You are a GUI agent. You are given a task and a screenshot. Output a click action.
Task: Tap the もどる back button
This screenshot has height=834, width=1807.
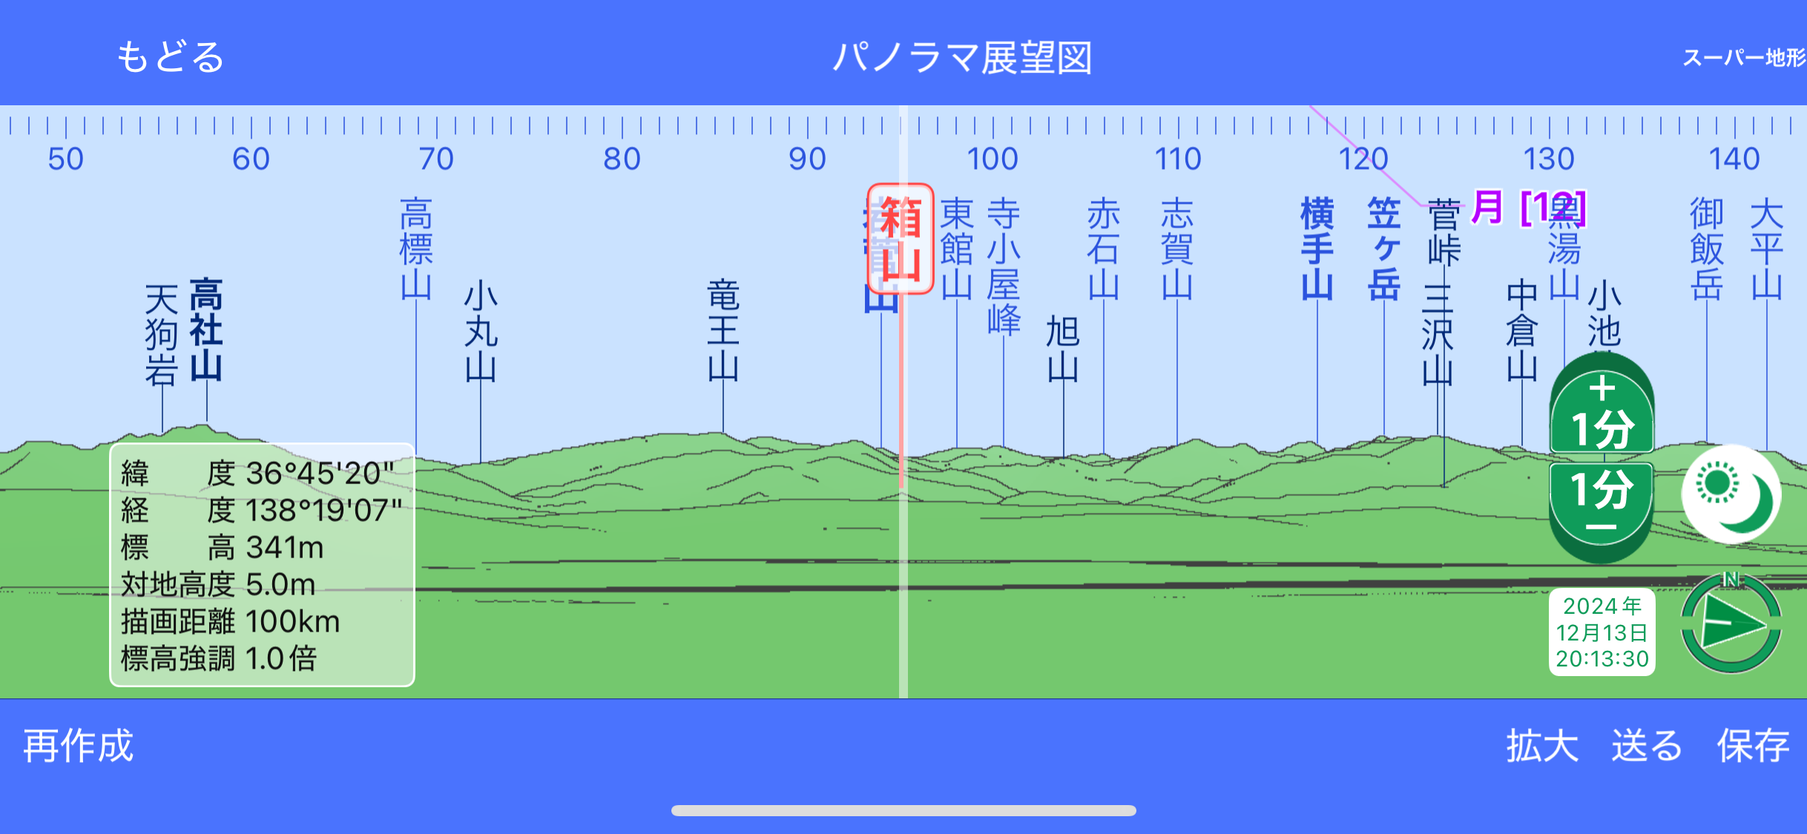(x=171, y=58)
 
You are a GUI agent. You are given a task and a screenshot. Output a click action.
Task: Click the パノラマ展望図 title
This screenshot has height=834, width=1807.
(x=963, y=58)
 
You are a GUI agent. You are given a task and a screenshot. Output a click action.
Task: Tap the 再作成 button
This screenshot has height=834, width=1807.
(x=79, y=746)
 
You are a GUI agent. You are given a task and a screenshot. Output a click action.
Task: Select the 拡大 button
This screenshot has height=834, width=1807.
(x=1542, y=746)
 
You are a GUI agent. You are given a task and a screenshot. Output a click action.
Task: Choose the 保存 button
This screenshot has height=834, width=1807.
(x=1753, y=746)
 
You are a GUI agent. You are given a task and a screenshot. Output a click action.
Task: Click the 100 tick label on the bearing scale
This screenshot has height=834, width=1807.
(x=993, y=159)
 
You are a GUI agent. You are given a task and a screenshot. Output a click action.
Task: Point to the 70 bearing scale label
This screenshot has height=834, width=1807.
(x=436, y=159)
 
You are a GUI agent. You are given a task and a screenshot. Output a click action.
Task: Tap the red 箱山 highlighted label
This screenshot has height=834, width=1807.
(x=901, y=239)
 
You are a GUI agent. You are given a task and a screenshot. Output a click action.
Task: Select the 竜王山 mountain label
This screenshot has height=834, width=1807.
(x=723, y=330)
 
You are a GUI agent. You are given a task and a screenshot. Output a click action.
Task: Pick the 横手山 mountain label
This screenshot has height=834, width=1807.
(x=1317, y=248)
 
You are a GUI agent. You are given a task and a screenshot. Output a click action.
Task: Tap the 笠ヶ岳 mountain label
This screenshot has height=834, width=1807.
(x=1384, y=248)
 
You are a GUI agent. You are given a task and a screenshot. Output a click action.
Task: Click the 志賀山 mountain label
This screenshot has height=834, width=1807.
(x=1177, y=248)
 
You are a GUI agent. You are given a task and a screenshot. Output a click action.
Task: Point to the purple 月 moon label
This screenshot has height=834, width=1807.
(x=1487, y=207)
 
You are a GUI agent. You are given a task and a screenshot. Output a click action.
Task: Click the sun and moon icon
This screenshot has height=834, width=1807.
(x=1731, y=494)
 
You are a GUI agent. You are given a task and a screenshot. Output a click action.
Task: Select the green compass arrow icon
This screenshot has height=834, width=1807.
(x=1731, y=624)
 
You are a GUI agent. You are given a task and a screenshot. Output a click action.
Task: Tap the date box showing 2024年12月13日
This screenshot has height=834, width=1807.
(x=1602, y=632)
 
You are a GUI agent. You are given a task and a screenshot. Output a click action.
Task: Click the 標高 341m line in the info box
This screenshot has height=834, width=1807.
(x=223, y=548)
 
